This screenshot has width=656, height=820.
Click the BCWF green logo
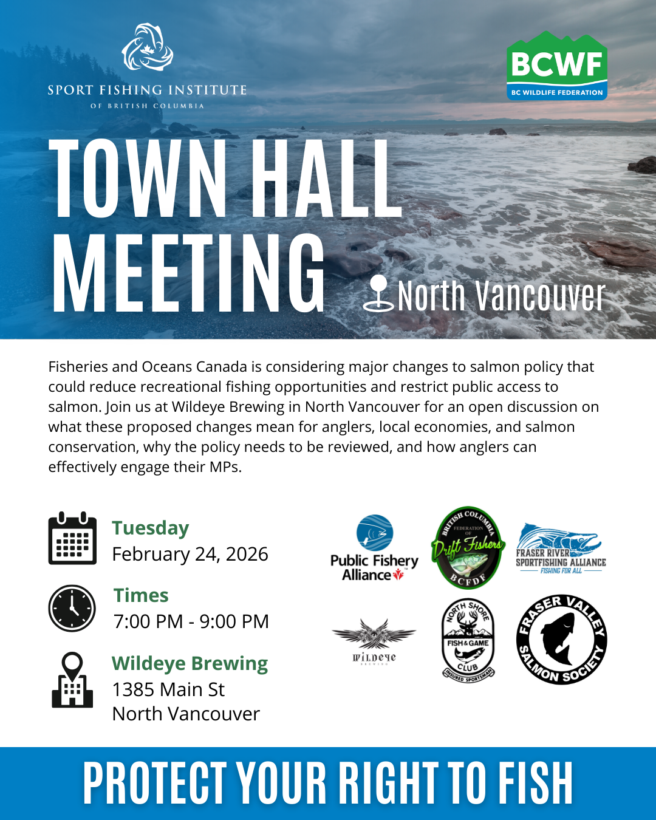557,66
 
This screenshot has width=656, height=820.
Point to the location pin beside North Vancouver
378,294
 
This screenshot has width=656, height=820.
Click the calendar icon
72,538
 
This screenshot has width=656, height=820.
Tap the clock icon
72,608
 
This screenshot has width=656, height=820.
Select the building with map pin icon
72,680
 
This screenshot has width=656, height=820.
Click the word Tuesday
150,528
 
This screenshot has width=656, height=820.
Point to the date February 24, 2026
190,554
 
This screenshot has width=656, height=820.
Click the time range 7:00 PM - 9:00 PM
191,621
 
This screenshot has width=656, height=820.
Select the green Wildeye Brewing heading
190,663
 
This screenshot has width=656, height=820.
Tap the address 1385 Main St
168,689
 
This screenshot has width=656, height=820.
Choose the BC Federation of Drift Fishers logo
467,548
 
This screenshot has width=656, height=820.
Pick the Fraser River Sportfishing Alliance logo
561,548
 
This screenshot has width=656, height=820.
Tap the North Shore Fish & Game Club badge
468,640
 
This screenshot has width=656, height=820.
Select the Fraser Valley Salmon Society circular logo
561,640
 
